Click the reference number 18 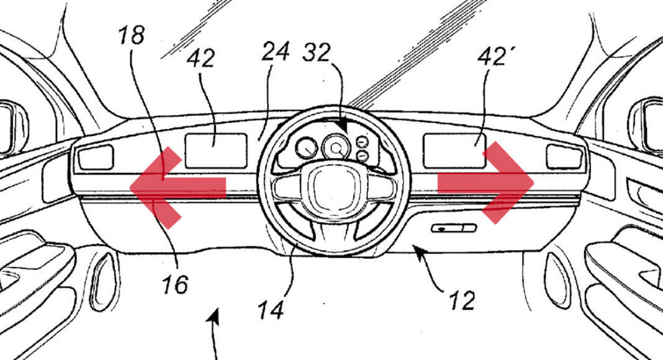pos(132,35)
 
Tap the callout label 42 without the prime pos(201,58)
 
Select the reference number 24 pos(275,52)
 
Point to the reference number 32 pos(316,52)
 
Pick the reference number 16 pos(175,284)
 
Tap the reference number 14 pos(271,310)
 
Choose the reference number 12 pos(462,301)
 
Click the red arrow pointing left pos(178,188)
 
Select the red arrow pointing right pos(485,182)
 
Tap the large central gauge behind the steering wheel pos(336,147)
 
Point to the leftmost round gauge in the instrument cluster pos(307,148)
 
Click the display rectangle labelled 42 pos(216,151)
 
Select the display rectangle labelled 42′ pos(455,151)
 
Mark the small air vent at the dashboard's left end pos(96,157)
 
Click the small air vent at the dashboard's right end pos(564,157)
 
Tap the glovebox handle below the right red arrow pos(454,228)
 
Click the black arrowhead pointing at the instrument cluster pos(343,125)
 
